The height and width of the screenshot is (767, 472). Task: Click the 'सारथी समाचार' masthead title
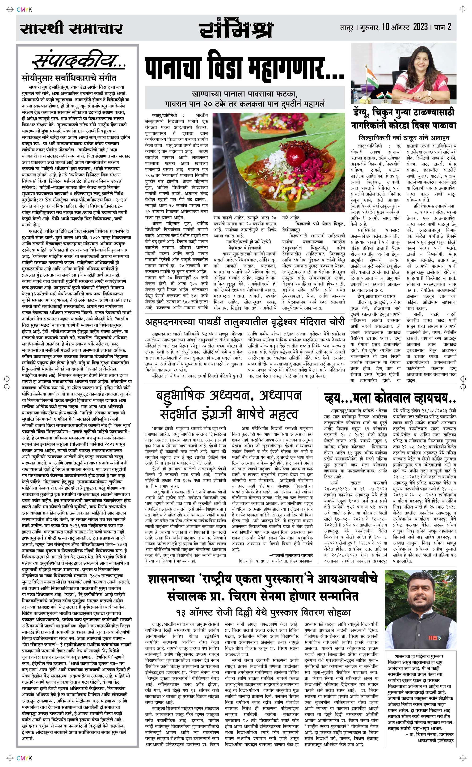tap(71, 29)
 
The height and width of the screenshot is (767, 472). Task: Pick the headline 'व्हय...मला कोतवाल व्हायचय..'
tap(390, 398)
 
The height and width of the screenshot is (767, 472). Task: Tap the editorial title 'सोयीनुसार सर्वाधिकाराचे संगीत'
tap(69, 77)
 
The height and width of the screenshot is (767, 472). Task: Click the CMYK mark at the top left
tap(24, 10)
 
